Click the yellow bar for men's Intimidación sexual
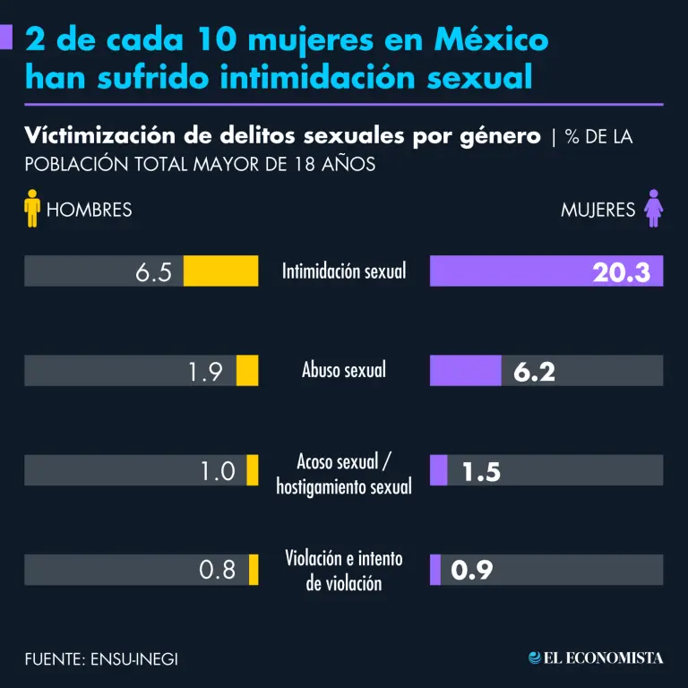click(221, 271)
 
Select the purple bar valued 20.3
click(546, 271)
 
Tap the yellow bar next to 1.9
click(247, 371)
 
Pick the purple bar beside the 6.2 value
click(465, 371)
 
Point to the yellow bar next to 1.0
click(253, 470)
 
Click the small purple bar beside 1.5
click(438, 470)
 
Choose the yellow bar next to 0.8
click(254, 570)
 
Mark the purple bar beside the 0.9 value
click(435, 570)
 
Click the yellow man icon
click(33, 208)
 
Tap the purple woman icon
click(653, 208)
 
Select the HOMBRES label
click(89, 210)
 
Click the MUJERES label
click(598, 210)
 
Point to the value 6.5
click(154, 272)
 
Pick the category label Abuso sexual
click(344, 369)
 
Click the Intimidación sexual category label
click(344, 271)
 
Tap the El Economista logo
click(596, 658)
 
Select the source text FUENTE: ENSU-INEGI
click(101, 658)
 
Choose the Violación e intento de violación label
click(344, 571)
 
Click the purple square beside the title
click(6, 38)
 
